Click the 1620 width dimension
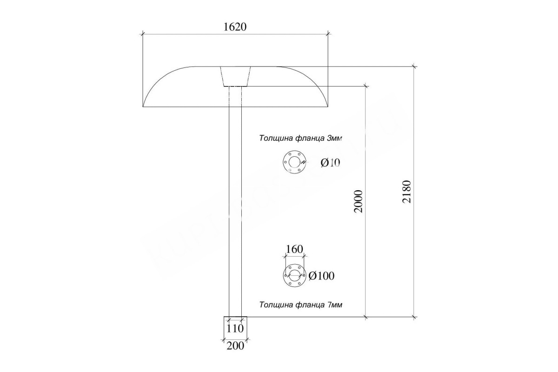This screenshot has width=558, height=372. [235, 27]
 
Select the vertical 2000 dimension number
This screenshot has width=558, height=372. [358, 201]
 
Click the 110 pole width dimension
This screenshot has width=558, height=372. [235, 329]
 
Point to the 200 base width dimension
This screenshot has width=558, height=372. [235, 346]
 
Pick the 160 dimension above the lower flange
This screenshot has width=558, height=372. [294, 249]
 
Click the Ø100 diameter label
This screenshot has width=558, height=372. [321, 276]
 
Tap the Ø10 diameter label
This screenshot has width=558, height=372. [330, 163]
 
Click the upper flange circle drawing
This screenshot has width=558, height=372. [294, 162]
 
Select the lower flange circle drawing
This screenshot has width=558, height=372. [295, 275]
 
